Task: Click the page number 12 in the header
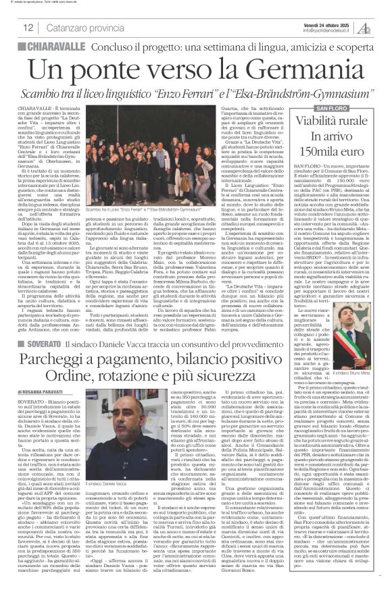pos(28,28)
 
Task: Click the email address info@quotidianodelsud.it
pos(329,30)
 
